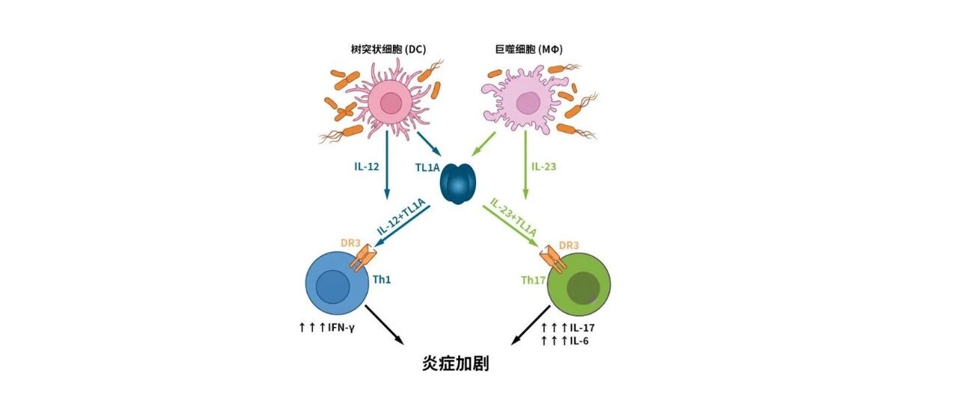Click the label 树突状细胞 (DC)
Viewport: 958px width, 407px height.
pos(388,49)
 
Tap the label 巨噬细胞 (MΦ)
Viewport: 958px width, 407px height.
pos(528,49)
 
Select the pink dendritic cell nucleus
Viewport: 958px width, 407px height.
pos(391,103)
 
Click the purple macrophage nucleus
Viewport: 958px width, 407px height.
pos(528,103)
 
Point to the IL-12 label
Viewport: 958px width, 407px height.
pos(367,167)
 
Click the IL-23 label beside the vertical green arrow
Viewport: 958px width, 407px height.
pos(543,167)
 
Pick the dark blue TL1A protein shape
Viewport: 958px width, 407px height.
pos(457,184)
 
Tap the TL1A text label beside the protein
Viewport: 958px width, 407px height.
pos(427,168)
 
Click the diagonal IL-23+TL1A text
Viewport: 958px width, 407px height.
pos(513,218)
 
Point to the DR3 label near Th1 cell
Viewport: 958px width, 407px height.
pos(350,243)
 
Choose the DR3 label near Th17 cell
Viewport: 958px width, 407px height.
pos(569,245)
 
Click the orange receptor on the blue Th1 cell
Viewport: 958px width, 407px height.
pos(363,257)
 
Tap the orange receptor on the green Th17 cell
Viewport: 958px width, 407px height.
pos(553,259)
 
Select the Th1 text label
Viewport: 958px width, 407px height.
pos(382,280)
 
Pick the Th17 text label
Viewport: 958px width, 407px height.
pos(533,281)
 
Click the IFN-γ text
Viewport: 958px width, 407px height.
pos(341,328)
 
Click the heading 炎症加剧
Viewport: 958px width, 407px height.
pos(456,364)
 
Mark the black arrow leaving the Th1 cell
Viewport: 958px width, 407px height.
pos(384,324)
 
